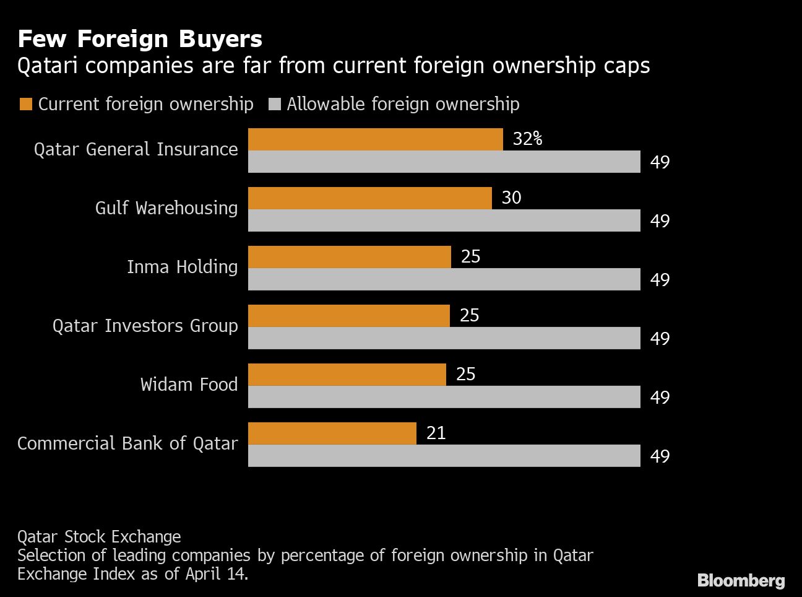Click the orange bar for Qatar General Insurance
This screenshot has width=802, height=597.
click(375, 139)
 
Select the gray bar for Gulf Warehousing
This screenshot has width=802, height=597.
click(444, 220)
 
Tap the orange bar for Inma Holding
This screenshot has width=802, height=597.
click(349, 257)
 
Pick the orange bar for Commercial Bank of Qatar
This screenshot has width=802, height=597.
click(332, 434)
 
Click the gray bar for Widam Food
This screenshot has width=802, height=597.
click(444, 397)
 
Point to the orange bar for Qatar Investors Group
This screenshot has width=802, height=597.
click(348, 316)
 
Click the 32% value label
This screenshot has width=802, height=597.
click(527, 139)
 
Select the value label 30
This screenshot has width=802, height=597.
click(511, 198)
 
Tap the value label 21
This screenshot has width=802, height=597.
click(436, 433)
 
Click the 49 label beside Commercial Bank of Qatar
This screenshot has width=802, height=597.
click(660, 456)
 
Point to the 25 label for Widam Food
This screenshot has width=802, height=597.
click(465, 374)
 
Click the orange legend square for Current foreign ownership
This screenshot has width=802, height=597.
click(26, 104)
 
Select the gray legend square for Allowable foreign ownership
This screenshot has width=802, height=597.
click(275, 104)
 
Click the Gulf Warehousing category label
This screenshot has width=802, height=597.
click(166, 208)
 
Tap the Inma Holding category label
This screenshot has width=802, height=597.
click(182, 267)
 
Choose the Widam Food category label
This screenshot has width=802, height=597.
click(189, 385)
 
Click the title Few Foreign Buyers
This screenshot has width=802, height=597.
click(140, 39)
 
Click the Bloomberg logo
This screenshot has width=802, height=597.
click(740, 580)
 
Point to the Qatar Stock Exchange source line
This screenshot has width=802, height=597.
click(99, 536)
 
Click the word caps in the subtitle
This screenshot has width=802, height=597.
click(626, 66)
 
